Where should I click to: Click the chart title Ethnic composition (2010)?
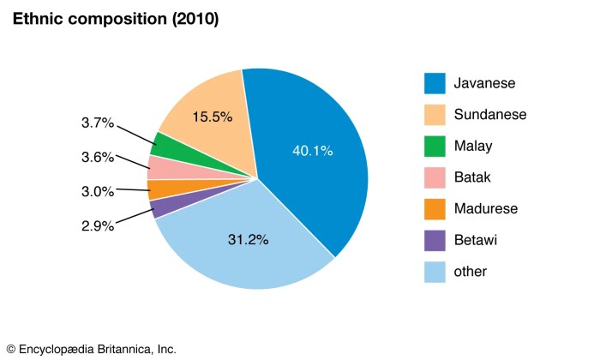(x=114, y=19)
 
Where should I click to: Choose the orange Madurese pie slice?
(x=157, y=189)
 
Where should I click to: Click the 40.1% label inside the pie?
(x=312, y=151)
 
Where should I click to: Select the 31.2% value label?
(x=249, y=240)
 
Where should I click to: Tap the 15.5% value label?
(x=213, y=117)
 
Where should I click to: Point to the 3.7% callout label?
(x=98, y=123)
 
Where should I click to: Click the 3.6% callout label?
(x=98, y=157)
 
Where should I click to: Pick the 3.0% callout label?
(x=98, y=190)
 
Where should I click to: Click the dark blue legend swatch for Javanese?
(x=436, y=83)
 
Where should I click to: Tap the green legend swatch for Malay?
(x=436, y=146)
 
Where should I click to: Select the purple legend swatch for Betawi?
(x=436, y=240)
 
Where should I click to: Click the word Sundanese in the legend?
(x=491, y=115)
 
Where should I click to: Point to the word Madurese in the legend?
(x=487, y=209)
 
